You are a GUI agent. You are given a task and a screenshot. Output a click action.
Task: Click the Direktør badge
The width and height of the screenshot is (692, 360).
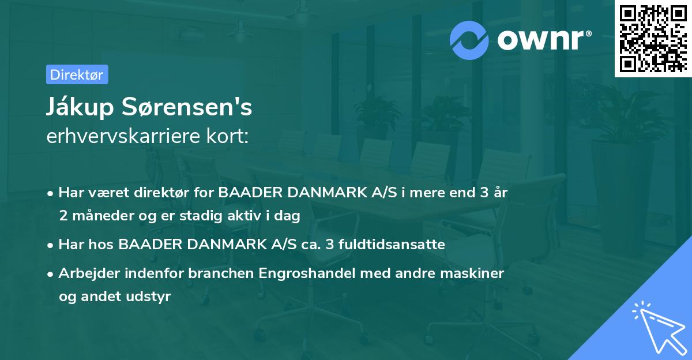point(77,74)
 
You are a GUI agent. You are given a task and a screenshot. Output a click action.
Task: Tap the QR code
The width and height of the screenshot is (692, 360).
point(652,38)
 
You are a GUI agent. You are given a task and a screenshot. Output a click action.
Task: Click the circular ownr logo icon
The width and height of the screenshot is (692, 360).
point(469,40)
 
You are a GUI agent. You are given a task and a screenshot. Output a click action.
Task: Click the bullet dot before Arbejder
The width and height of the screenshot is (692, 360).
point(51,273)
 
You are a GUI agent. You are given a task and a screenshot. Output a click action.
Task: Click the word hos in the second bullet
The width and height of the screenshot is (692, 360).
point(102,244)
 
